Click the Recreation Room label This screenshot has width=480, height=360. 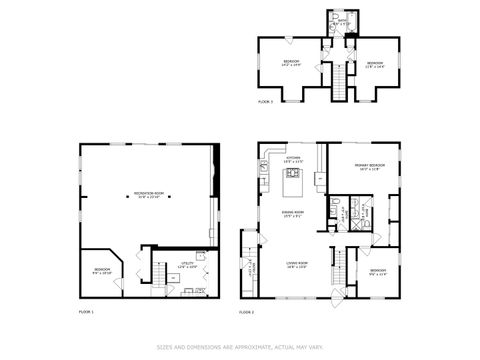click(x=149, y=195)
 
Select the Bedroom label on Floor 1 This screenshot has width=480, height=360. click(x=102, y=271)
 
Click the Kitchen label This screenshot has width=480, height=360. click(x=294, y=160)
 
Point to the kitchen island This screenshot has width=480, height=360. click(x=295, y=182)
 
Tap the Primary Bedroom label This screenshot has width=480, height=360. click(x=369, y=167)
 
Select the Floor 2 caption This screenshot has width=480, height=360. click(x=247, y=313)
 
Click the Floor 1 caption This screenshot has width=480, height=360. click(x=86, y=313)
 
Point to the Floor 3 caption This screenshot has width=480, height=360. click(x=265, y=102)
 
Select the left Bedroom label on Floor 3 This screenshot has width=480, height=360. click(x=290, y=64)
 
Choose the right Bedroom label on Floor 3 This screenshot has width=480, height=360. click(x=374, y=64)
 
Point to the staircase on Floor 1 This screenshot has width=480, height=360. click(x=159, y=272)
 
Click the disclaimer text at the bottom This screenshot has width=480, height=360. click(x=240, y=347)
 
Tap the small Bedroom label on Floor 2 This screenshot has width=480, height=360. click(x=377, y=272)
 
